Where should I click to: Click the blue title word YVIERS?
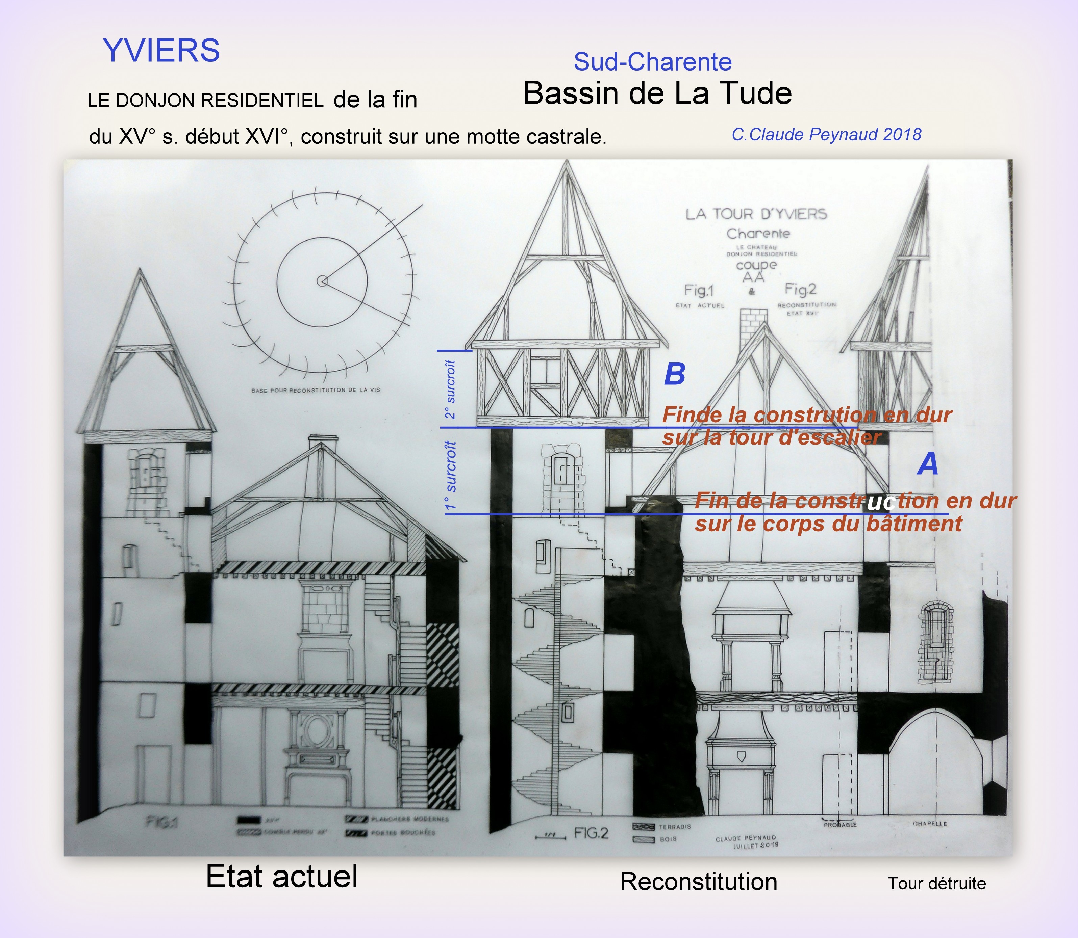(161, 51)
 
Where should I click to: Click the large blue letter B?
(675, 374)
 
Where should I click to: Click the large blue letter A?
(928, 464)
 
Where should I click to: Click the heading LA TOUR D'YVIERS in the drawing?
(756, 214)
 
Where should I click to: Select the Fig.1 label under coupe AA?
(699, 290)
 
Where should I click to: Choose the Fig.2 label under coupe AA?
(800, 289)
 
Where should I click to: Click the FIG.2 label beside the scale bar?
(592, 832)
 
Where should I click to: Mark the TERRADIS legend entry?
(675, 827)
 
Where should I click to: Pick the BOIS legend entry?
(668, 839)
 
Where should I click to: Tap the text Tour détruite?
(936, 884)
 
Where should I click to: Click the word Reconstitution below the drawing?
(699, 882)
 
